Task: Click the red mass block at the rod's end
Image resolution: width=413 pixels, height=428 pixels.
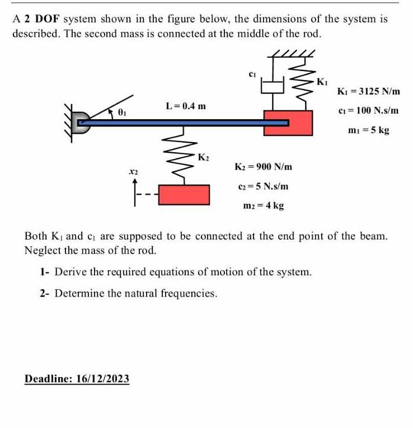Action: [288, 123]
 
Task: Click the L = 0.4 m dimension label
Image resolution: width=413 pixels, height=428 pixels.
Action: [186, 106]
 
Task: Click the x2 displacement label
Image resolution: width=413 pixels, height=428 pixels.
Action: [133, 170]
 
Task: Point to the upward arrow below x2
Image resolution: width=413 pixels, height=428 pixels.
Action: [134, 189]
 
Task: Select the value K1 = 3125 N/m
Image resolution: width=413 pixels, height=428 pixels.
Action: [368, 91]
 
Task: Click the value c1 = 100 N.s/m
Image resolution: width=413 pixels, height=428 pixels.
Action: [368, 110]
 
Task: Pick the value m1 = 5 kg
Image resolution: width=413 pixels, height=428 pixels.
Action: [368, 130]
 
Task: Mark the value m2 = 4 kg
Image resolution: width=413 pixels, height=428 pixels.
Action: [263, 205]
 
